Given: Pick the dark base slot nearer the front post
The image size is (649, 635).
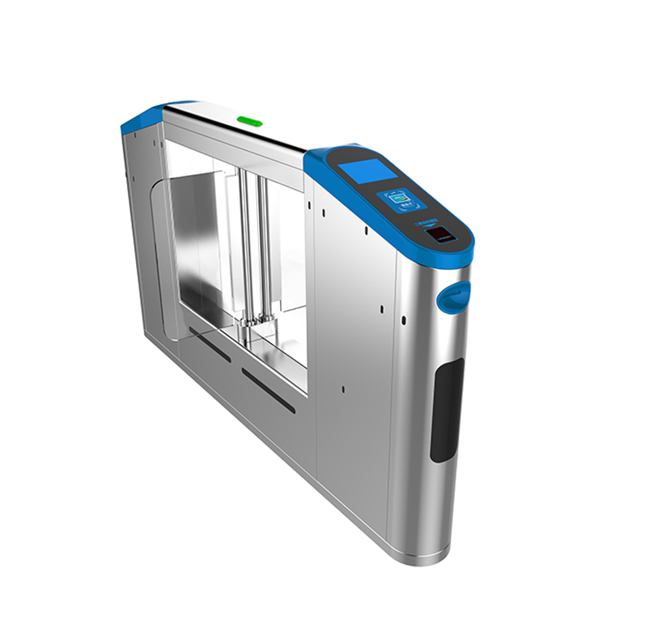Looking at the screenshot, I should (268, 391).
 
